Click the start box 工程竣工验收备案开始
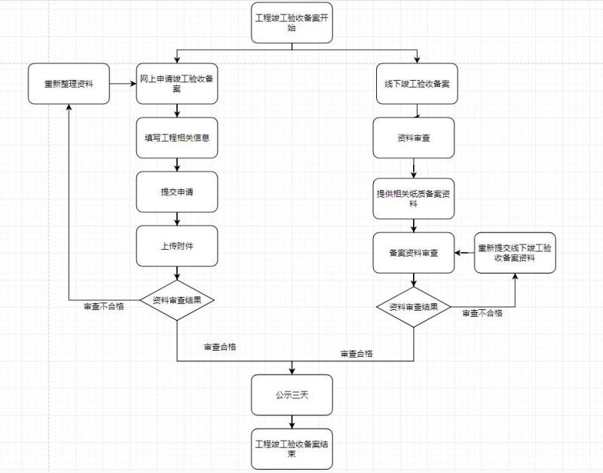point(291,23)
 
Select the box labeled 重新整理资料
point(69,84)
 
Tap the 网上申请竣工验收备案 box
point(177,84)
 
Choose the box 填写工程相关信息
point(177,137)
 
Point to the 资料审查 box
point(414,137)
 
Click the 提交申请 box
point(177,192)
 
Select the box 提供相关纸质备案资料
point(413,198)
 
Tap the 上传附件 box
point(177,245)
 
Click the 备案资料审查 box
point(413,253)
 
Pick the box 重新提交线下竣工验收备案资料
point(515,253)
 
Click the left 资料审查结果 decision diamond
point(177,299)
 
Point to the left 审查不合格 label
point(103,306)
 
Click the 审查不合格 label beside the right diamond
point(482,313)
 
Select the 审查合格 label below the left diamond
point(219,347)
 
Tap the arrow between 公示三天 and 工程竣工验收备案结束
point(291,422)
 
